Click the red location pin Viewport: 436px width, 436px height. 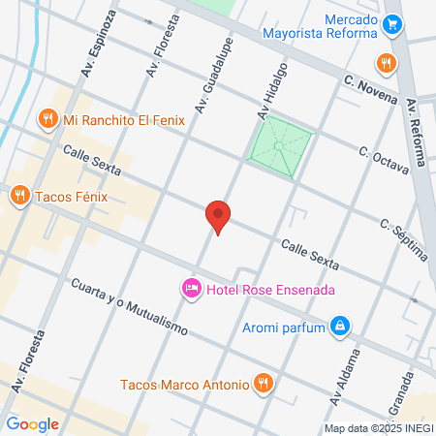(218, 216)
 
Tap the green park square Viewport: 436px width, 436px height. (280, 145)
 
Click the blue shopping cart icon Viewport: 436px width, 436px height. (392, 24)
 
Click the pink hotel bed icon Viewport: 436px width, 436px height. (191, 289)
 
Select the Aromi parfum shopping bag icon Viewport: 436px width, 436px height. (340, 326)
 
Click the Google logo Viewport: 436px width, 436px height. (32, 423)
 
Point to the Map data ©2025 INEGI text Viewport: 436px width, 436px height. (378, 427)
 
